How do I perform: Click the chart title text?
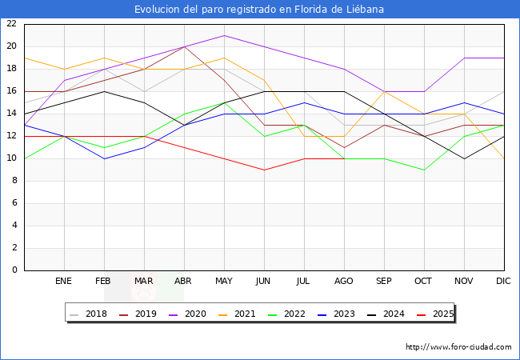[x=259, y=10]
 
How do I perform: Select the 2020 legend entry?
[x=203, y=314]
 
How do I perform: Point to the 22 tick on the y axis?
[x=11, y=24]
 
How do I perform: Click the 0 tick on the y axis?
[x=14, y=270]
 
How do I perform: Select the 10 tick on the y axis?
[x=11, y=158]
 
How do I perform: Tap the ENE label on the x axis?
[x=64, y=282]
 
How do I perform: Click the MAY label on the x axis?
[x=224, y=282]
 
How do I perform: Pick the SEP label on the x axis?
[x=384, y=282]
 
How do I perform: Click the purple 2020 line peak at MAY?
[x=224, y=35]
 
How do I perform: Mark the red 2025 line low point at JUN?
[x=264, y=170]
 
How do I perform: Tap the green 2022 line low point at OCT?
[x=424, y=170]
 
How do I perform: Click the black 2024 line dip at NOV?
[x=464, y=158]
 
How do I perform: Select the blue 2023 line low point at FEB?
[x=104, y=158]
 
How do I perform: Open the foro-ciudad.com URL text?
[x=458, y=347]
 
